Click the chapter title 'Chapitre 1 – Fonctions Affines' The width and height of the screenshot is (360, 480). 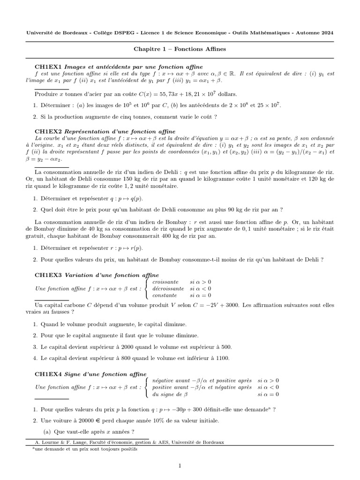coord(180,49)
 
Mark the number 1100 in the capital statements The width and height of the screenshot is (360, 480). coord(222,359)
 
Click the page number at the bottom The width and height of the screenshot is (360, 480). coord(180,465)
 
